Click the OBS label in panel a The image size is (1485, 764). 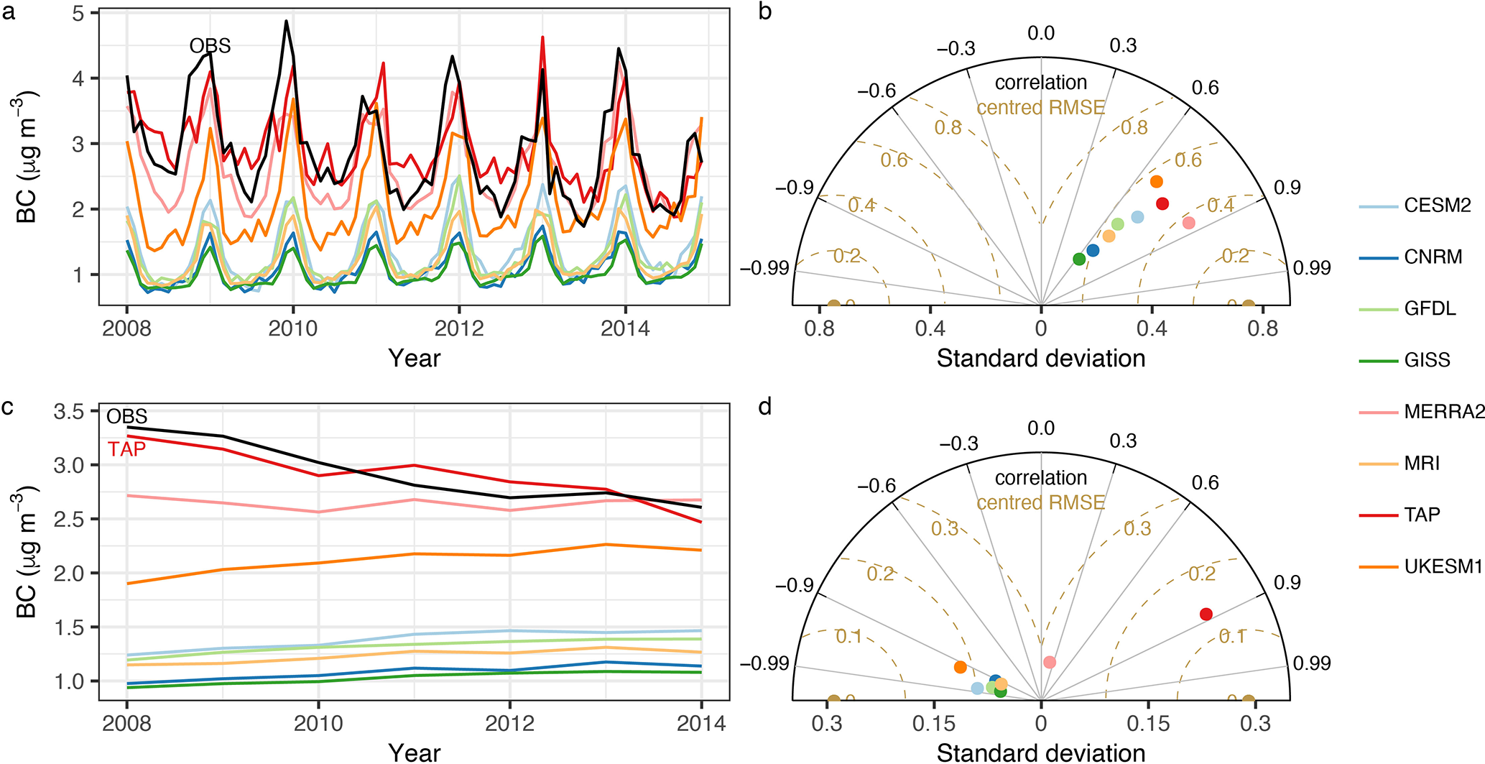[x=210, y=46]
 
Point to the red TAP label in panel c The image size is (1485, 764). [x=126, y=449]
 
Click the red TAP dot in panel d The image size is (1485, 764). [x=1206, y=614]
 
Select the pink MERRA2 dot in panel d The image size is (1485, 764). [x=1050, y=662]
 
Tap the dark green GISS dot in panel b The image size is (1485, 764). [x=1079, y=259]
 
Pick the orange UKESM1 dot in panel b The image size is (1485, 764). [x=1157, y=182]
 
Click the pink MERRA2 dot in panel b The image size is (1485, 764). [x=1189, y=223]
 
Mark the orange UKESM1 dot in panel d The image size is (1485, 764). [x=961, y=667]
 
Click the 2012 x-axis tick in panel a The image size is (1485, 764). [x=459, y=328]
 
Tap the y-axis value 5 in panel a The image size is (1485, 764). [x=78, y=14]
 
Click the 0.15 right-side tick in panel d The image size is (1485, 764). [x=1148, y=723]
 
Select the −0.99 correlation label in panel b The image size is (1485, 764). [x=764, y=268]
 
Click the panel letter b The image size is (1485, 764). [x=765, y=12]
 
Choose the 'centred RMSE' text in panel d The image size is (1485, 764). [x=1041, y=502]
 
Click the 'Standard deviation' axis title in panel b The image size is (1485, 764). [x=1041, y=358]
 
